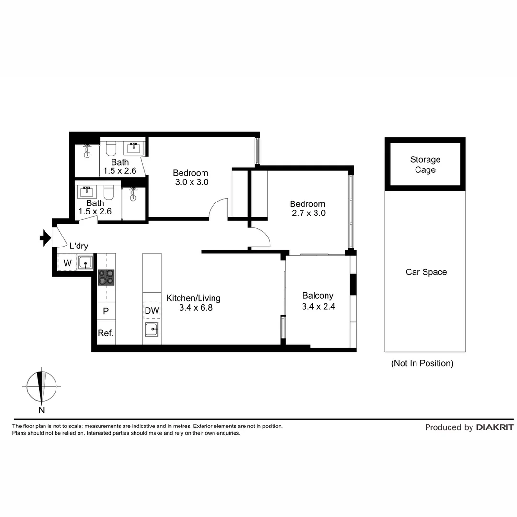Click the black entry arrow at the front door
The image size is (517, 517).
tap(45, 237)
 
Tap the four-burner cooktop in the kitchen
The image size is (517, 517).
tap(106, 277)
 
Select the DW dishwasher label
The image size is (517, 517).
tap(152, 311)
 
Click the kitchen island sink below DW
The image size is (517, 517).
tap(152, 329)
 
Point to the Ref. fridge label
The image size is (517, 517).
tap(106, 333)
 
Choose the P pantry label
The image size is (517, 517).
tap(106, 311)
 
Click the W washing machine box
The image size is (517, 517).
tap(67, 262)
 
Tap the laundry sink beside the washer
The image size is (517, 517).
tap(85, 263)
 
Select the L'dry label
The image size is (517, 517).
tap(79, 246)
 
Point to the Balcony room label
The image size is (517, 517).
tap(318, 296)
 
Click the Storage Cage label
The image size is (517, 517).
tap(425, 165)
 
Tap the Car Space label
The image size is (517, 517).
tap(426, 272)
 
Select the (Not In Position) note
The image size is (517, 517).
tap(422, 363)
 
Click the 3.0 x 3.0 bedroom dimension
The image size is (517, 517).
tap(191, 182)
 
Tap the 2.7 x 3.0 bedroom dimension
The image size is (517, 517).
tap(308, 214)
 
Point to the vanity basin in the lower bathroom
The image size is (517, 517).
tap(87, 192)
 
